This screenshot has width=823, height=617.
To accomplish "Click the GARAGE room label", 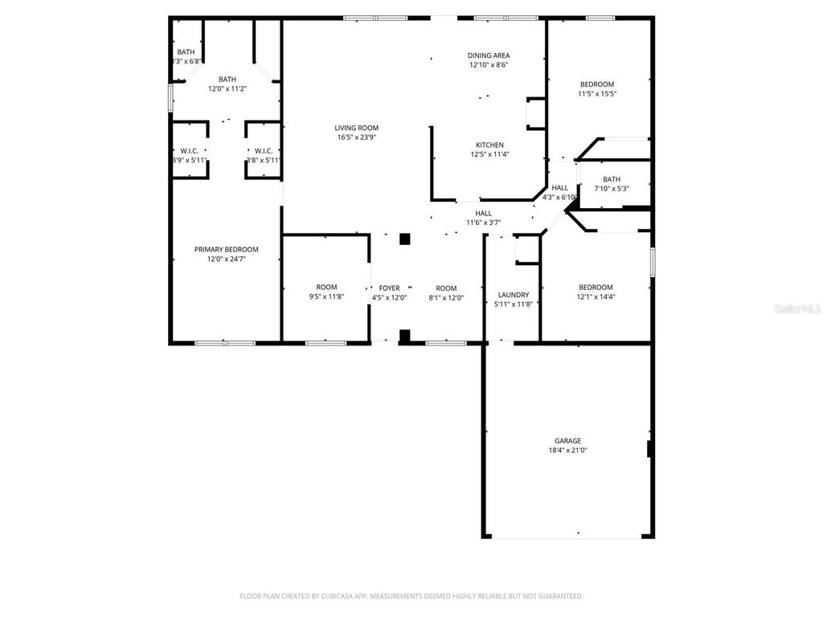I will pyautogui.click(x=567, y=440).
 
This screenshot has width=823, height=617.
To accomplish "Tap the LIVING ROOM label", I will pyautogui.click(x=357, y=128).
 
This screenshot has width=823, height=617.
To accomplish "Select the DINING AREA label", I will pyautogui.click(x=489, y=55).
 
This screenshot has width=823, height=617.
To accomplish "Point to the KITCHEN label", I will pyautogui.click(x=489, y=145).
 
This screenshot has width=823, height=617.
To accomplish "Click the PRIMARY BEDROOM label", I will pyautogui.click(x=227, y=249).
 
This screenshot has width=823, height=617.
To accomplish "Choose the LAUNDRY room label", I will pyautogui.click(x=513, y=295).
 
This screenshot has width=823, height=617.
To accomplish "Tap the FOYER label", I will pyautogui.click(x=389, y=288).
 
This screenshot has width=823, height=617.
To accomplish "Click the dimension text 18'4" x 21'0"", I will pyautogui.click(x=567, y=451).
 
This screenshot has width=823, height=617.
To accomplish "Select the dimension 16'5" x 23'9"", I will pyautogui.click(x=357, y=137).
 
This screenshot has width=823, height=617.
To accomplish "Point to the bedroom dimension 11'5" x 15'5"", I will pyautogui.click(x=597, y=94).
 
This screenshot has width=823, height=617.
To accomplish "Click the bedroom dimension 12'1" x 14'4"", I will pyautogui.click(x=596, y=296).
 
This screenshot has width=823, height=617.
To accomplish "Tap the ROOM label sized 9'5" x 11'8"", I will pyautogui.click(x=326, y=287).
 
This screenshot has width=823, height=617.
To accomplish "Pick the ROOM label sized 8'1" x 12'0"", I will pyautogui.click(x=446, y=288).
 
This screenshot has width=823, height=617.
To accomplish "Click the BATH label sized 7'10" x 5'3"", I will pyautogui.click(x=612, y=179).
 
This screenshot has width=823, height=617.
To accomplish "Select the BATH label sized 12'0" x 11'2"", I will pyautogui.click(x=227, y=79).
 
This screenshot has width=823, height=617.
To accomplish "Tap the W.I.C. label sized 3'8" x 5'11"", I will pyautogui.click(x=264, y=150).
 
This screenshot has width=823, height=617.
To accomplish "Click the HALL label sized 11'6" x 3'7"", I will pyautogui.click(x=484, y=213).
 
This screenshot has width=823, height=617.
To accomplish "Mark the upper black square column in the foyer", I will pyautogui.click(x=405, y=239).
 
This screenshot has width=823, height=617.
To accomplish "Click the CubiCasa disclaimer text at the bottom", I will pyautogui.click(x=411, y=596).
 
